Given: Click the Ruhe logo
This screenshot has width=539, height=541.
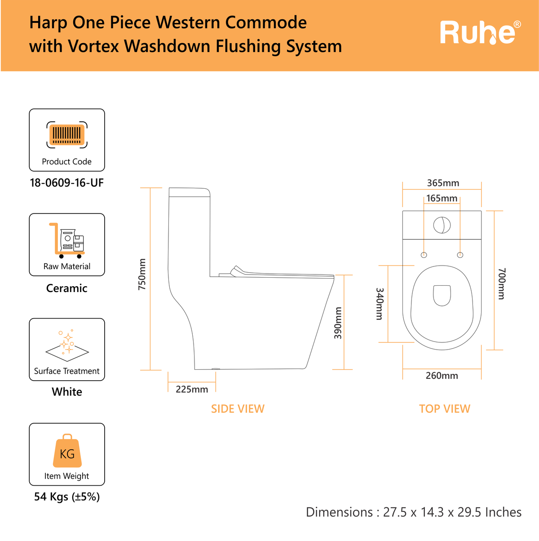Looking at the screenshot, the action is (x=480, y=32).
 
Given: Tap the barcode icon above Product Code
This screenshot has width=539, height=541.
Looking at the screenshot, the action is (x=67, y=135).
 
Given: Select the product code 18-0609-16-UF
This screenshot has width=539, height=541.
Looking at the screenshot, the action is (x=67, y=183).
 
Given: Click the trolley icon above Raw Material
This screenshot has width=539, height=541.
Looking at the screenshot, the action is (x=67, y=240).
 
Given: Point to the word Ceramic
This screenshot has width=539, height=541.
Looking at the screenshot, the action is (x=67, y=288).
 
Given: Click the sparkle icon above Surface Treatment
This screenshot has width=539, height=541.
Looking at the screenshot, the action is (x=67, y=346).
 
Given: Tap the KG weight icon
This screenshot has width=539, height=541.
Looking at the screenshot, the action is (x=67, y=451).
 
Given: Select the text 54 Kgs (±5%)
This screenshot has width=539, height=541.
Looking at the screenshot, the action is (x=67, y=497).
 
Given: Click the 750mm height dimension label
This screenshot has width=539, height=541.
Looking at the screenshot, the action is (x=142, y=274).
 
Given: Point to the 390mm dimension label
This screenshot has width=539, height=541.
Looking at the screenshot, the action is (x=338, y=323).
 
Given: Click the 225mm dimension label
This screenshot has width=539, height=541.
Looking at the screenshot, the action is (x=192, y=390).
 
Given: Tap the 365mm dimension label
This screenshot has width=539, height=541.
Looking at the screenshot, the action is (x=443, y=183).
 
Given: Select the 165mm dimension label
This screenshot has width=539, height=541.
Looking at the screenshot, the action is (x=442, y=199).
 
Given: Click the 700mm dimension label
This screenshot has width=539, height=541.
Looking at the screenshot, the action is (x=502, y=284).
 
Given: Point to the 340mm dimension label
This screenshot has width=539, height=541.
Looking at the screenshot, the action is (x=380, y=304).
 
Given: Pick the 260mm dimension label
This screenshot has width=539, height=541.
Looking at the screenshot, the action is (x=442, y=376).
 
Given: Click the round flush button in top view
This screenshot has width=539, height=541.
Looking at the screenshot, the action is (x=442, y=225).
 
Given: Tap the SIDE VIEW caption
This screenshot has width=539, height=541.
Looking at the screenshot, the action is (x=238, y=409).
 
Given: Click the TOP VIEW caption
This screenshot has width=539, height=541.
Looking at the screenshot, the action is (x=445, y=409).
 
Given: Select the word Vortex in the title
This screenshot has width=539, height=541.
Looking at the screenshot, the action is (x=93, y=46).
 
